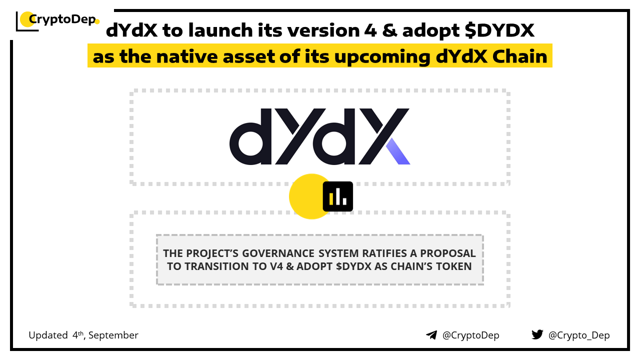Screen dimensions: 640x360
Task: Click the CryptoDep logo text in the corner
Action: click(62, 19)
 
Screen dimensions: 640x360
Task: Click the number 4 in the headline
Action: click(370, 30)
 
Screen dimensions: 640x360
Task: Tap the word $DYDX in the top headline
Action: click(499, 30)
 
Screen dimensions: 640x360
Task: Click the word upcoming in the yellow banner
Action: click(382, 57)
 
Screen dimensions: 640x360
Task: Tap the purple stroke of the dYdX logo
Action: click(398, 151)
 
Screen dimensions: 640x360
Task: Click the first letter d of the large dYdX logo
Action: click(250, 136)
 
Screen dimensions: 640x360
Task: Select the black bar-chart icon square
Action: click(337, 196)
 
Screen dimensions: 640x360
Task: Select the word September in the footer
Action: click(113, 335)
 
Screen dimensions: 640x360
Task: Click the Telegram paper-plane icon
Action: click(431, 335)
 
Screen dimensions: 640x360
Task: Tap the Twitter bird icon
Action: click(537, 334)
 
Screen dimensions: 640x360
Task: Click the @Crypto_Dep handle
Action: click(579, 335)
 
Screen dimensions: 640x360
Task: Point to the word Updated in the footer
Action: click(48, 335)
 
